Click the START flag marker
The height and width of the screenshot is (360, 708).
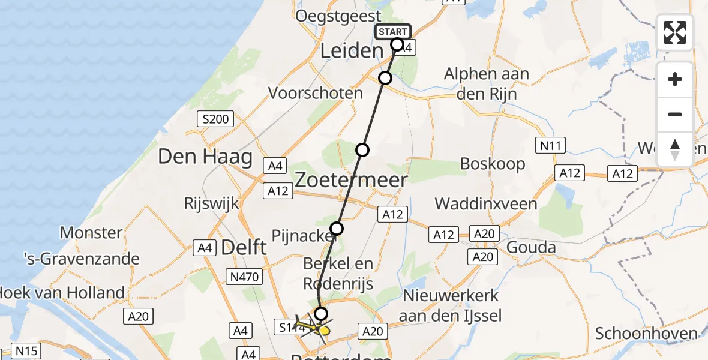(x=393, y=32)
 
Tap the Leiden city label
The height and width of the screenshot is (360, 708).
(x=351, y=51)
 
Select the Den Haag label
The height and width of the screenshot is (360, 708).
(x=196, y=157)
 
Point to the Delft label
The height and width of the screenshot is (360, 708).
(x=244, y=247)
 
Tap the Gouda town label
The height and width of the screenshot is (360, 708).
(x=532, y=247)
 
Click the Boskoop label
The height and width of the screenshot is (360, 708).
(x=493, y=164)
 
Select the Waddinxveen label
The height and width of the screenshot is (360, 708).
(x=486, y=204)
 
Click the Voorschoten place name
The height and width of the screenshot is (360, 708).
(x=316, y=93)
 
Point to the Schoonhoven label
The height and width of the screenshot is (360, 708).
(x=646, y=334)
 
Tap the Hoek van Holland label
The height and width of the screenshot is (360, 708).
(x=62, y=293)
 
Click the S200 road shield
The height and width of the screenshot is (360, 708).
(x=215, y=119)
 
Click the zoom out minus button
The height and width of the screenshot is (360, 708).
(x=675, y=114)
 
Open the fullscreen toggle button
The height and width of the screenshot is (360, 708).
(x=675, y=32)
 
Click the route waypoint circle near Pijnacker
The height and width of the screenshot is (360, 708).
(x=337, y=229)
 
